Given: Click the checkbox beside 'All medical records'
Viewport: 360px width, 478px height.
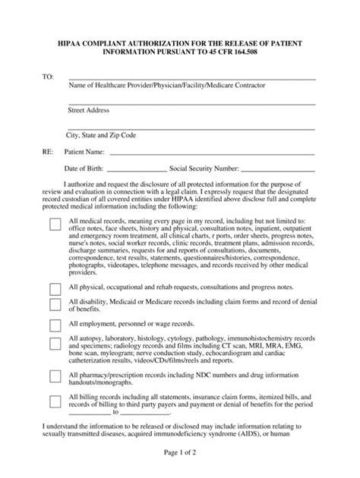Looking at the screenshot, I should [55, 225].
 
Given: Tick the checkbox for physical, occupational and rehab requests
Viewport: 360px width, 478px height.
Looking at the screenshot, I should [55, 289].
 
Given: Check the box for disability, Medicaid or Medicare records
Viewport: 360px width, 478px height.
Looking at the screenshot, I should [55, 304].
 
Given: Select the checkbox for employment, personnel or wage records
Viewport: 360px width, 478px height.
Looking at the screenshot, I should [55, 325].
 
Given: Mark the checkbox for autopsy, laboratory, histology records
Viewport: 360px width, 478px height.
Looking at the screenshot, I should [55, 344].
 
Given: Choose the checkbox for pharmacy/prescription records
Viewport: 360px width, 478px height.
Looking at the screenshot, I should [55, 376].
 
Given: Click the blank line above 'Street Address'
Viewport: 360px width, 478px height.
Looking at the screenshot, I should [191, 103].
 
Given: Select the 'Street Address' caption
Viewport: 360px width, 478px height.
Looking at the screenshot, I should [89, 111].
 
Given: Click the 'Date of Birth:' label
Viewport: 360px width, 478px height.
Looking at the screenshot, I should [85, 168].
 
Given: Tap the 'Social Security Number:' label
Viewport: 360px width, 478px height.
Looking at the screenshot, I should [204, 168].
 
